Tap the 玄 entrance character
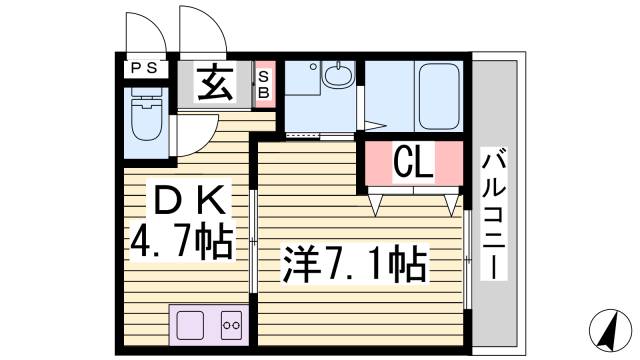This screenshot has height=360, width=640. pos(216,82)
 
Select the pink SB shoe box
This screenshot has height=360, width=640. pos(264,82)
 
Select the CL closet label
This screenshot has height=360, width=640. pos(412,162)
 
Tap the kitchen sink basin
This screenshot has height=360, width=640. pos(191,324)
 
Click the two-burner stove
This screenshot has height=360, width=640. pos(231,324)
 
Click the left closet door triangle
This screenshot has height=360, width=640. pos(378,203)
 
